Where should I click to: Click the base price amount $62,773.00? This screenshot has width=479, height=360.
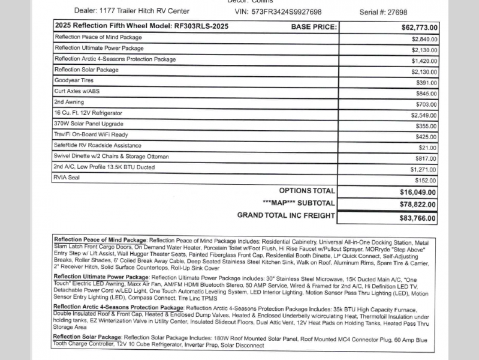click(420, 28)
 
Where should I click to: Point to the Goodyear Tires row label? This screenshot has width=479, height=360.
click(74, 80)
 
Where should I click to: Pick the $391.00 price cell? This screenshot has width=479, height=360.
click(426, 83)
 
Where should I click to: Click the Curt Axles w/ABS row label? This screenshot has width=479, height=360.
click(77, 91)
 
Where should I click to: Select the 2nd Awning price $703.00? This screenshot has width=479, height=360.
click(426, 104)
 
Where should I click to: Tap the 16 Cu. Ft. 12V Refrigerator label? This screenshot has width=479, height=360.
click(88, 113)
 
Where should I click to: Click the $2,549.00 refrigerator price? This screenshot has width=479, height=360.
click(424, 115)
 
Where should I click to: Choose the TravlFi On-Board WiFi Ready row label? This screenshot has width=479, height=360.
click(91, 134)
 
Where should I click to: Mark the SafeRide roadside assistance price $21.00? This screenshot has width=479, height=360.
click(428, 148)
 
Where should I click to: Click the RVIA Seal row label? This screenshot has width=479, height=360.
click(67, 178)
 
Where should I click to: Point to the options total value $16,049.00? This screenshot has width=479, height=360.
click(419, 192)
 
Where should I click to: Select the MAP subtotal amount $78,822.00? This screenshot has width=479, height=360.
click(419, 205)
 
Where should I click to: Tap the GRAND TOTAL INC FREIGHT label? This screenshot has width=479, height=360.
click(286, 215)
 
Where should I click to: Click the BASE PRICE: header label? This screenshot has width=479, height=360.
click(314, 27)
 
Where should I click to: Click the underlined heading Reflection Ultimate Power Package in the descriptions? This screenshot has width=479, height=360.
click(101, 277)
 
